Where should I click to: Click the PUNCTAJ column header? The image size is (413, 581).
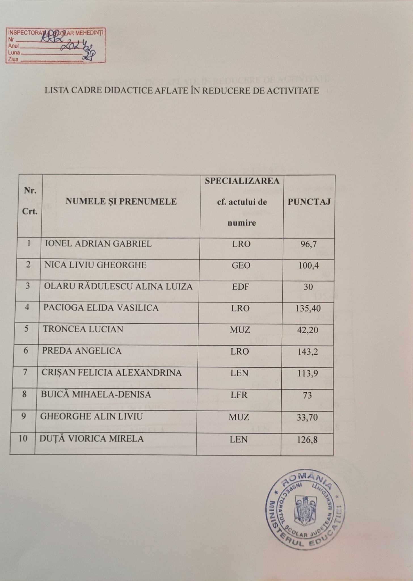pyautogui.click(x=309, y=202)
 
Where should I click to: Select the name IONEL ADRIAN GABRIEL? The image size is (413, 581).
pyautogui.click(x=98, y=244)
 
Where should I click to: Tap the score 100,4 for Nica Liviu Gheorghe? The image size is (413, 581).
pyautogui.click(x=309, y=266)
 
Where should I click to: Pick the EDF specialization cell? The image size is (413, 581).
pyautogui.click(x=241, y=287)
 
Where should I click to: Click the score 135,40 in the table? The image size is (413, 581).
pyautogui.click(x=308, y=308)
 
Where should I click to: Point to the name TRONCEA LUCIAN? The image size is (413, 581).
pyautogui.click(x=83, y=329)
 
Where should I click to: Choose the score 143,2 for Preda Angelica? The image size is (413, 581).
pyautogui.click(x=308, y=352)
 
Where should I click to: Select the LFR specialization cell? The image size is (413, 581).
pyautogui.click(x=240, y=395)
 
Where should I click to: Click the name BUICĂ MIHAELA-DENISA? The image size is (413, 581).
pyautogui.click(x=96, y=395)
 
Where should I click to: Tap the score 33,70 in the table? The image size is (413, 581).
pyautogui.click(x=307, y=417)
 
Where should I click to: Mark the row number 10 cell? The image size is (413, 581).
pyautogui.click(x=23, y=439)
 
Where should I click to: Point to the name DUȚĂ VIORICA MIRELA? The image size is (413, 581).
pyautogui.click(x=92, y=439)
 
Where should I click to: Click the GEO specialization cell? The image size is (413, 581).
pyautogui.click(x=241, y=265)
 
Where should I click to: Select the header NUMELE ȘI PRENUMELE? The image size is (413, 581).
pyautogui.click(x=121, y=201)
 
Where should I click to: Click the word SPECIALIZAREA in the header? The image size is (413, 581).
pyautogui.click(x=242, y=181)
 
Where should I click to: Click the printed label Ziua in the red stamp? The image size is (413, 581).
pyautogui.click(x=13, y=60)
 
